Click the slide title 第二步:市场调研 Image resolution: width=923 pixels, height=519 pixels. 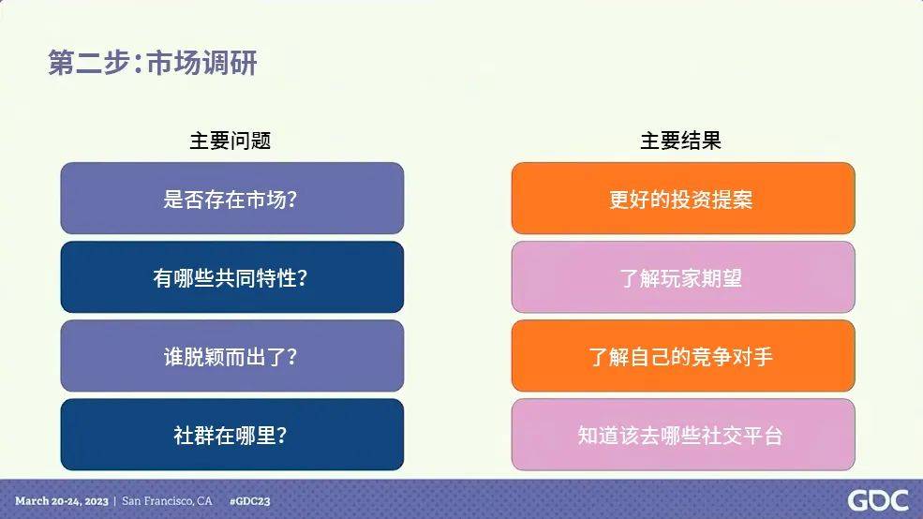tap(153, 63)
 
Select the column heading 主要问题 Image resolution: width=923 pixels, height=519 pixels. tap(231, 141)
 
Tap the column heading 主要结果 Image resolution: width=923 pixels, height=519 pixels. tap(680, 141)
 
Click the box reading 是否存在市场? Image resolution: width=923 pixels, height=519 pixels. tap(232, 199)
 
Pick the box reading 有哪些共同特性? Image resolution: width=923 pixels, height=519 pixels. tap(232, 277)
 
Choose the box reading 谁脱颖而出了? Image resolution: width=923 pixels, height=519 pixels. tap(232, 356)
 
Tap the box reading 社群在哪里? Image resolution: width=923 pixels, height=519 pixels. tap(232, 435)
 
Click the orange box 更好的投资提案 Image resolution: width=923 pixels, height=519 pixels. tap(683, 199)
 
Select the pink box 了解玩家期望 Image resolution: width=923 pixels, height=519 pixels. tap(683, 277)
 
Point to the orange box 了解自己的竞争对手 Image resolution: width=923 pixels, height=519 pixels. tap(683, 356)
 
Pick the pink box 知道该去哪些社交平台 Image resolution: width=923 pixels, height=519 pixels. tap(683, 435)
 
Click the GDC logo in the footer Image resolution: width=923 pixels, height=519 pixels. tap(878, 501)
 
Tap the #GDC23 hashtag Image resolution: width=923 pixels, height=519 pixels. tap(249, 501)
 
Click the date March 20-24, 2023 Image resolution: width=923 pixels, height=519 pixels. tap(62, 501)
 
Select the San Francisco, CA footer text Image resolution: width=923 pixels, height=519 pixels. tap(167, 501)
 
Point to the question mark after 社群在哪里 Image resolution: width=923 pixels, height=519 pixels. tap(281, 436)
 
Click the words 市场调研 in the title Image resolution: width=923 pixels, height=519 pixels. tap(201, 63)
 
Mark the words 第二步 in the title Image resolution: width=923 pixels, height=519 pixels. tap(88, 63)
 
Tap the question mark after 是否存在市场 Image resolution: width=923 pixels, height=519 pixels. tap(291, 199)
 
